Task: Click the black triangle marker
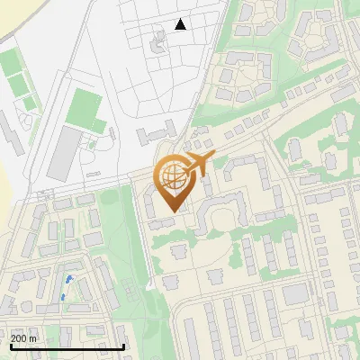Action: (181, 24)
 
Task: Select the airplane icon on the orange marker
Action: (199, 164)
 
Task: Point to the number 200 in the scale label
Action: (19, 338)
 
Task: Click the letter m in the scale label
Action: (32, 338)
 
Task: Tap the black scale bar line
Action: (67, 346)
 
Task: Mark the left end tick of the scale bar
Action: (10, 345)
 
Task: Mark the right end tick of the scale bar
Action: (124, 345)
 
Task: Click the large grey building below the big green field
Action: (63, 152)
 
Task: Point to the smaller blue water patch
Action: (70, 279)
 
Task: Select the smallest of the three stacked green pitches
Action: (31, 103)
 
